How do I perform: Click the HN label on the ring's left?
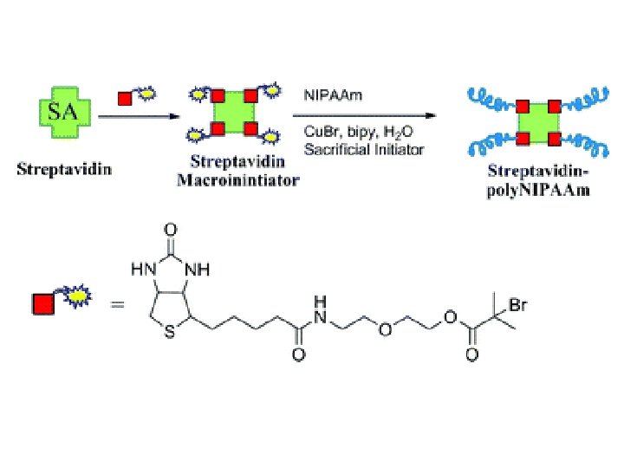point(140,270)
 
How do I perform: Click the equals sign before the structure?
point(117,306)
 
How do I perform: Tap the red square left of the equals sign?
point(44,304)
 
